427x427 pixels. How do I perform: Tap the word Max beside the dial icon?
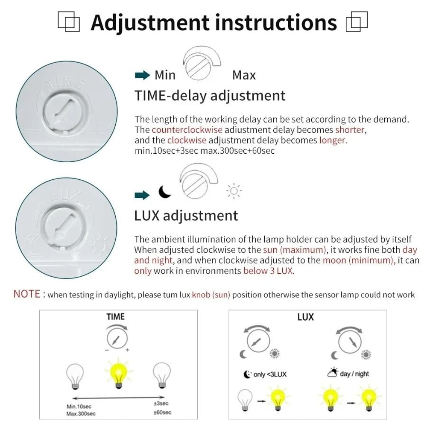click(x=244, y=76)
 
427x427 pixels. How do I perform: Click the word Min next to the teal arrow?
click(x=165, y=76)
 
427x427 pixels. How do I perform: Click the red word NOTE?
click(x=27, y=294)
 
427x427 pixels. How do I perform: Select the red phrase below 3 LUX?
click(x=269, y=271)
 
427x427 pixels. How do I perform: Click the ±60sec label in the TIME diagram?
click(x=162, y=412)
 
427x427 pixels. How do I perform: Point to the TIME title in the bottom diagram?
click(x=115, y=316)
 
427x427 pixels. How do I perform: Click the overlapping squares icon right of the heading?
click(x=357, y=22)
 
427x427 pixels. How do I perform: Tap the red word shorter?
click(x=350, y=129)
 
